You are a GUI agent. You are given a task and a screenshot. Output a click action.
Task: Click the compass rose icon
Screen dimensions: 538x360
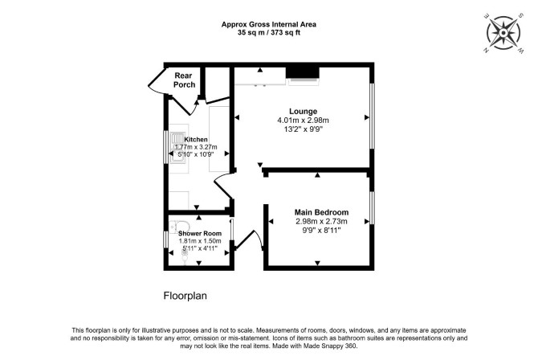coord(503,33)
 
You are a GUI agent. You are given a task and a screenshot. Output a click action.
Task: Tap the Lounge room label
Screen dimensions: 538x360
coord(303,112)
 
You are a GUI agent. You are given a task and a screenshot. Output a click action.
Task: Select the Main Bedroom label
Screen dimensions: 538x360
coord(321,212)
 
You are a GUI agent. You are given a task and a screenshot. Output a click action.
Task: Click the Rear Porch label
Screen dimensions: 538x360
coord(184,80)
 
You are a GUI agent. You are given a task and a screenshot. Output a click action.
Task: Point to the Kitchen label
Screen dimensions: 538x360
coord(196,140)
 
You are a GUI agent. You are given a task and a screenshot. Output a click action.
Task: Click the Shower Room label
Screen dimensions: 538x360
coord(200,233)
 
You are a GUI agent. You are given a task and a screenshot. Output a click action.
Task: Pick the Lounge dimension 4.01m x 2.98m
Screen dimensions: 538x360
coord(303,121)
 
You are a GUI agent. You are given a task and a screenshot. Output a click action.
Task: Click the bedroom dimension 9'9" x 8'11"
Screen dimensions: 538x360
coord(321,230)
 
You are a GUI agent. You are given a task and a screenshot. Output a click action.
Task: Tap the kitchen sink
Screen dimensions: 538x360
coord(177,149)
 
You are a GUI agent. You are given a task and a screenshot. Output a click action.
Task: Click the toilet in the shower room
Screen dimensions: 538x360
coord(177,227)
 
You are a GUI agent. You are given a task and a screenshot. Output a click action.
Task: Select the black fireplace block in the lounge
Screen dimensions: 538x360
coord(303,72)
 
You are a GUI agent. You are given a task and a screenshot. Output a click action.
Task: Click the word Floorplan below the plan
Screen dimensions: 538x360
coord(185,296)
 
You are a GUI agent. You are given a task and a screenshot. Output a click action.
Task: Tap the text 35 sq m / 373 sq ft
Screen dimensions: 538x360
coord(269,33)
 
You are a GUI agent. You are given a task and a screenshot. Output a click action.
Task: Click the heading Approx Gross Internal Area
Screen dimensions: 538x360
coord(269,24)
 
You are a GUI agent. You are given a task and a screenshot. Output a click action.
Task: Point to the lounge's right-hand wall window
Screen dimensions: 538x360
coord(372,116)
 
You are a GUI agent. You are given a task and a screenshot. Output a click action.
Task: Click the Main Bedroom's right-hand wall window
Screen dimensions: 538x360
coord(372,207)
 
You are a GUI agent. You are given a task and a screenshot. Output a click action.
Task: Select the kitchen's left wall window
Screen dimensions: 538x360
coord(165,147)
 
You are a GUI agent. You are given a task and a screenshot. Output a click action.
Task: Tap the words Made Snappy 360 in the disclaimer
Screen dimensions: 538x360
coord(331,346)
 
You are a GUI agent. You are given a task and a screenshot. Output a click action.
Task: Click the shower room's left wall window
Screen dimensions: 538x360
coord(165,239)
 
